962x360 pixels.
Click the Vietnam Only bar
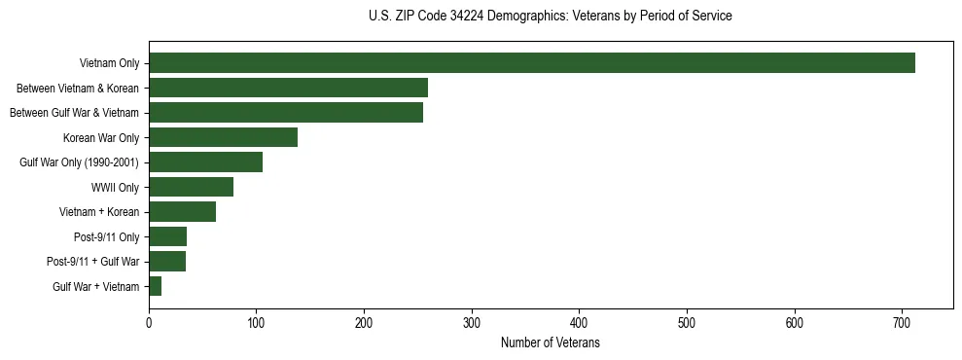[531, 63]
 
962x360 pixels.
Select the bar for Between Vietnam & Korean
[288, 89]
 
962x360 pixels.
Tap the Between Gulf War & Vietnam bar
[286, 113]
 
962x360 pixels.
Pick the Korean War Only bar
[223, 137]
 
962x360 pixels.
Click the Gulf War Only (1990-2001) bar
[205, 162]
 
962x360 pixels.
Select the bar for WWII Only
[191, 187]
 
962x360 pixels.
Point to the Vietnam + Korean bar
[182, 211]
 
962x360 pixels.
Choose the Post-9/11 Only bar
[167, 236]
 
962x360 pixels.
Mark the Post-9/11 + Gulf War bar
[167, 261]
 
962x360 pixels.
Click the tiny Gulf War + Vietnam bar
[155, 286]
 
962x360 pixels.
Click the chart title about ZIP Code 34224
[551, 17]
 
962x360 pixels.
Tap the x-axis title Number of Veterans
[550, 343]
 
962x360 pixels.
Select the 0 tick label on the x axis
[149, 323]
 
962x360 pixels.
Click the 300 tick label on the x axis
[472, 323]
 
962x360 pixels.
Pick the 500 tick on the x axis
[687, 323]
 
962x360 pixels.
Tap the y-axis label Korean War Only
[101, 137]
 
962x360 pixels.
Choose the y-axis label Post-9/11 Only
[106, 236]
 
